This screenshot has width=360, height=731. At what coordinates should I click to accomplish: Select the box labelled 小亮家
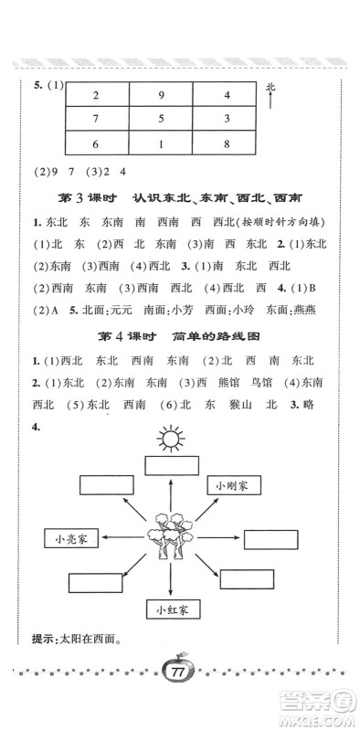point(69,538)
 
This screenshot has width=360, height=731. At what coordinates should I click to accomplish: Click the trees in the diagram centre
point(170,535)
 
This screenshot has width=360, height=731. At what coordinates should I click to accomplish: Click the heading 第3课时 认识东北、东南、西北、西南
point(180,197)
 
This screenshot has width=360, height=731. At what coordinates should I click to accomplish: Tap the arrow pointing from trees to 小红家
point(171,580)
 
